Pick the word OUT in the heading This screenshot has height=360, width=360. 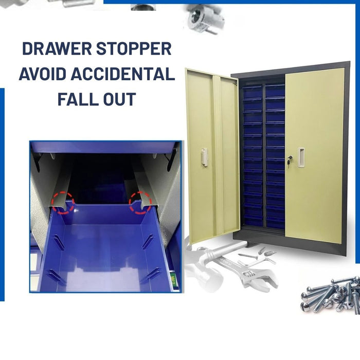[119, 98]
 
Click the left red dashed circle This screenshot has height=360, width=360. [63, 202]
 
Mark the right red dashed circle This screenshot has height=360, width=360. [140, 202]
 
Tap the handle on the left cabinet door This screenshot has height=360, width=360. [205, 157]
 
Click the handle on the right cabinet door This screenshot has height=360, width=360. [301, 157]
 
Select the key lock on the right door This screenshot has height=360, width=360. [289, 160]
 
